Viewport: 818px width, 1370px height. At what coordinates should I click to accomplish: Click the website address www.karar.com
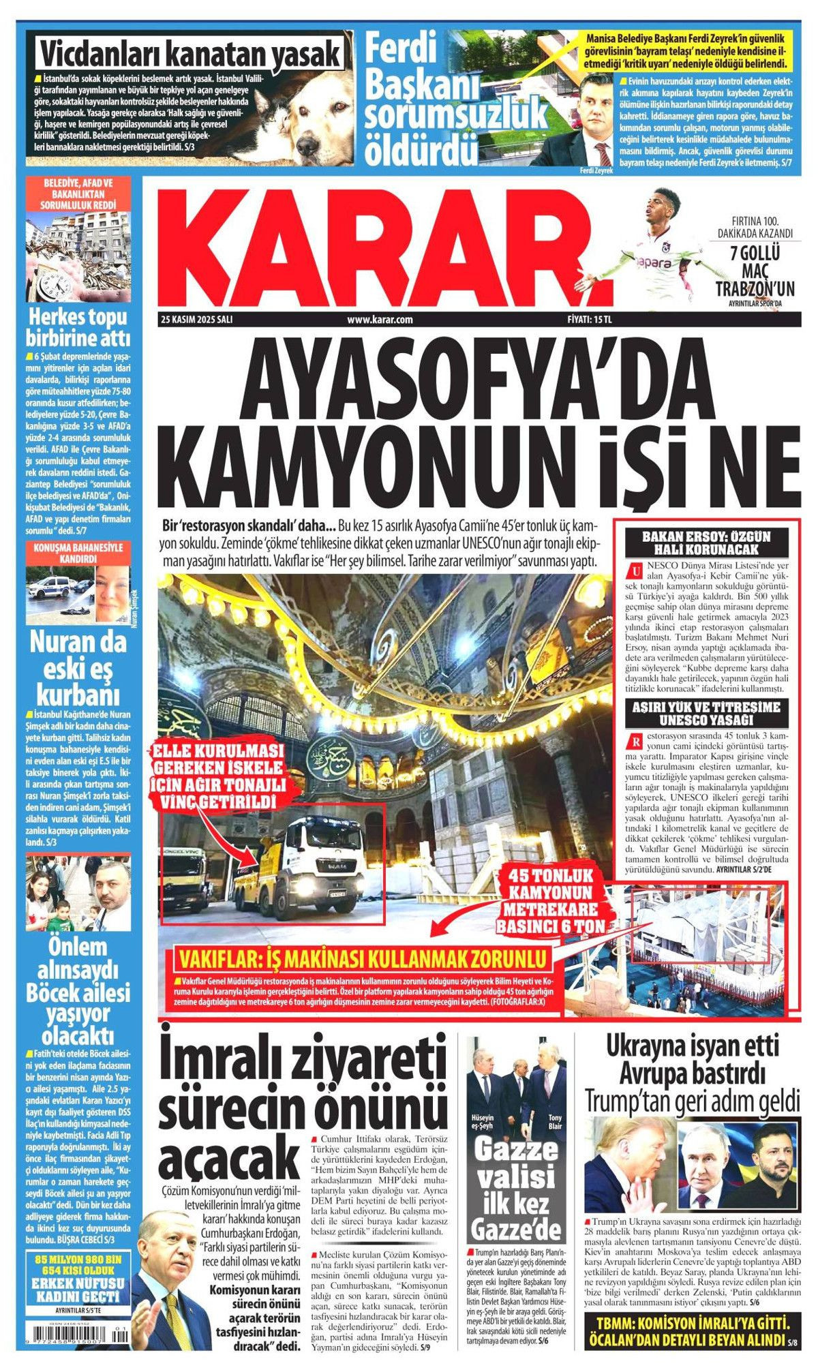tap(380, 319)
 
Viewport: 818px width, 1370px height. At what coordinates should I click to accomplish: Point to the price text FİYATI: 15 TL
tap(590, 319)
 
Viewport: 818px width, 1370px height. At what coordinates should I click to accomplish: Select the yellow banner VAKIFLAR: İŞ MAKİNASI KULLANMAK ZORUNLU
tap(361, 959)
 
